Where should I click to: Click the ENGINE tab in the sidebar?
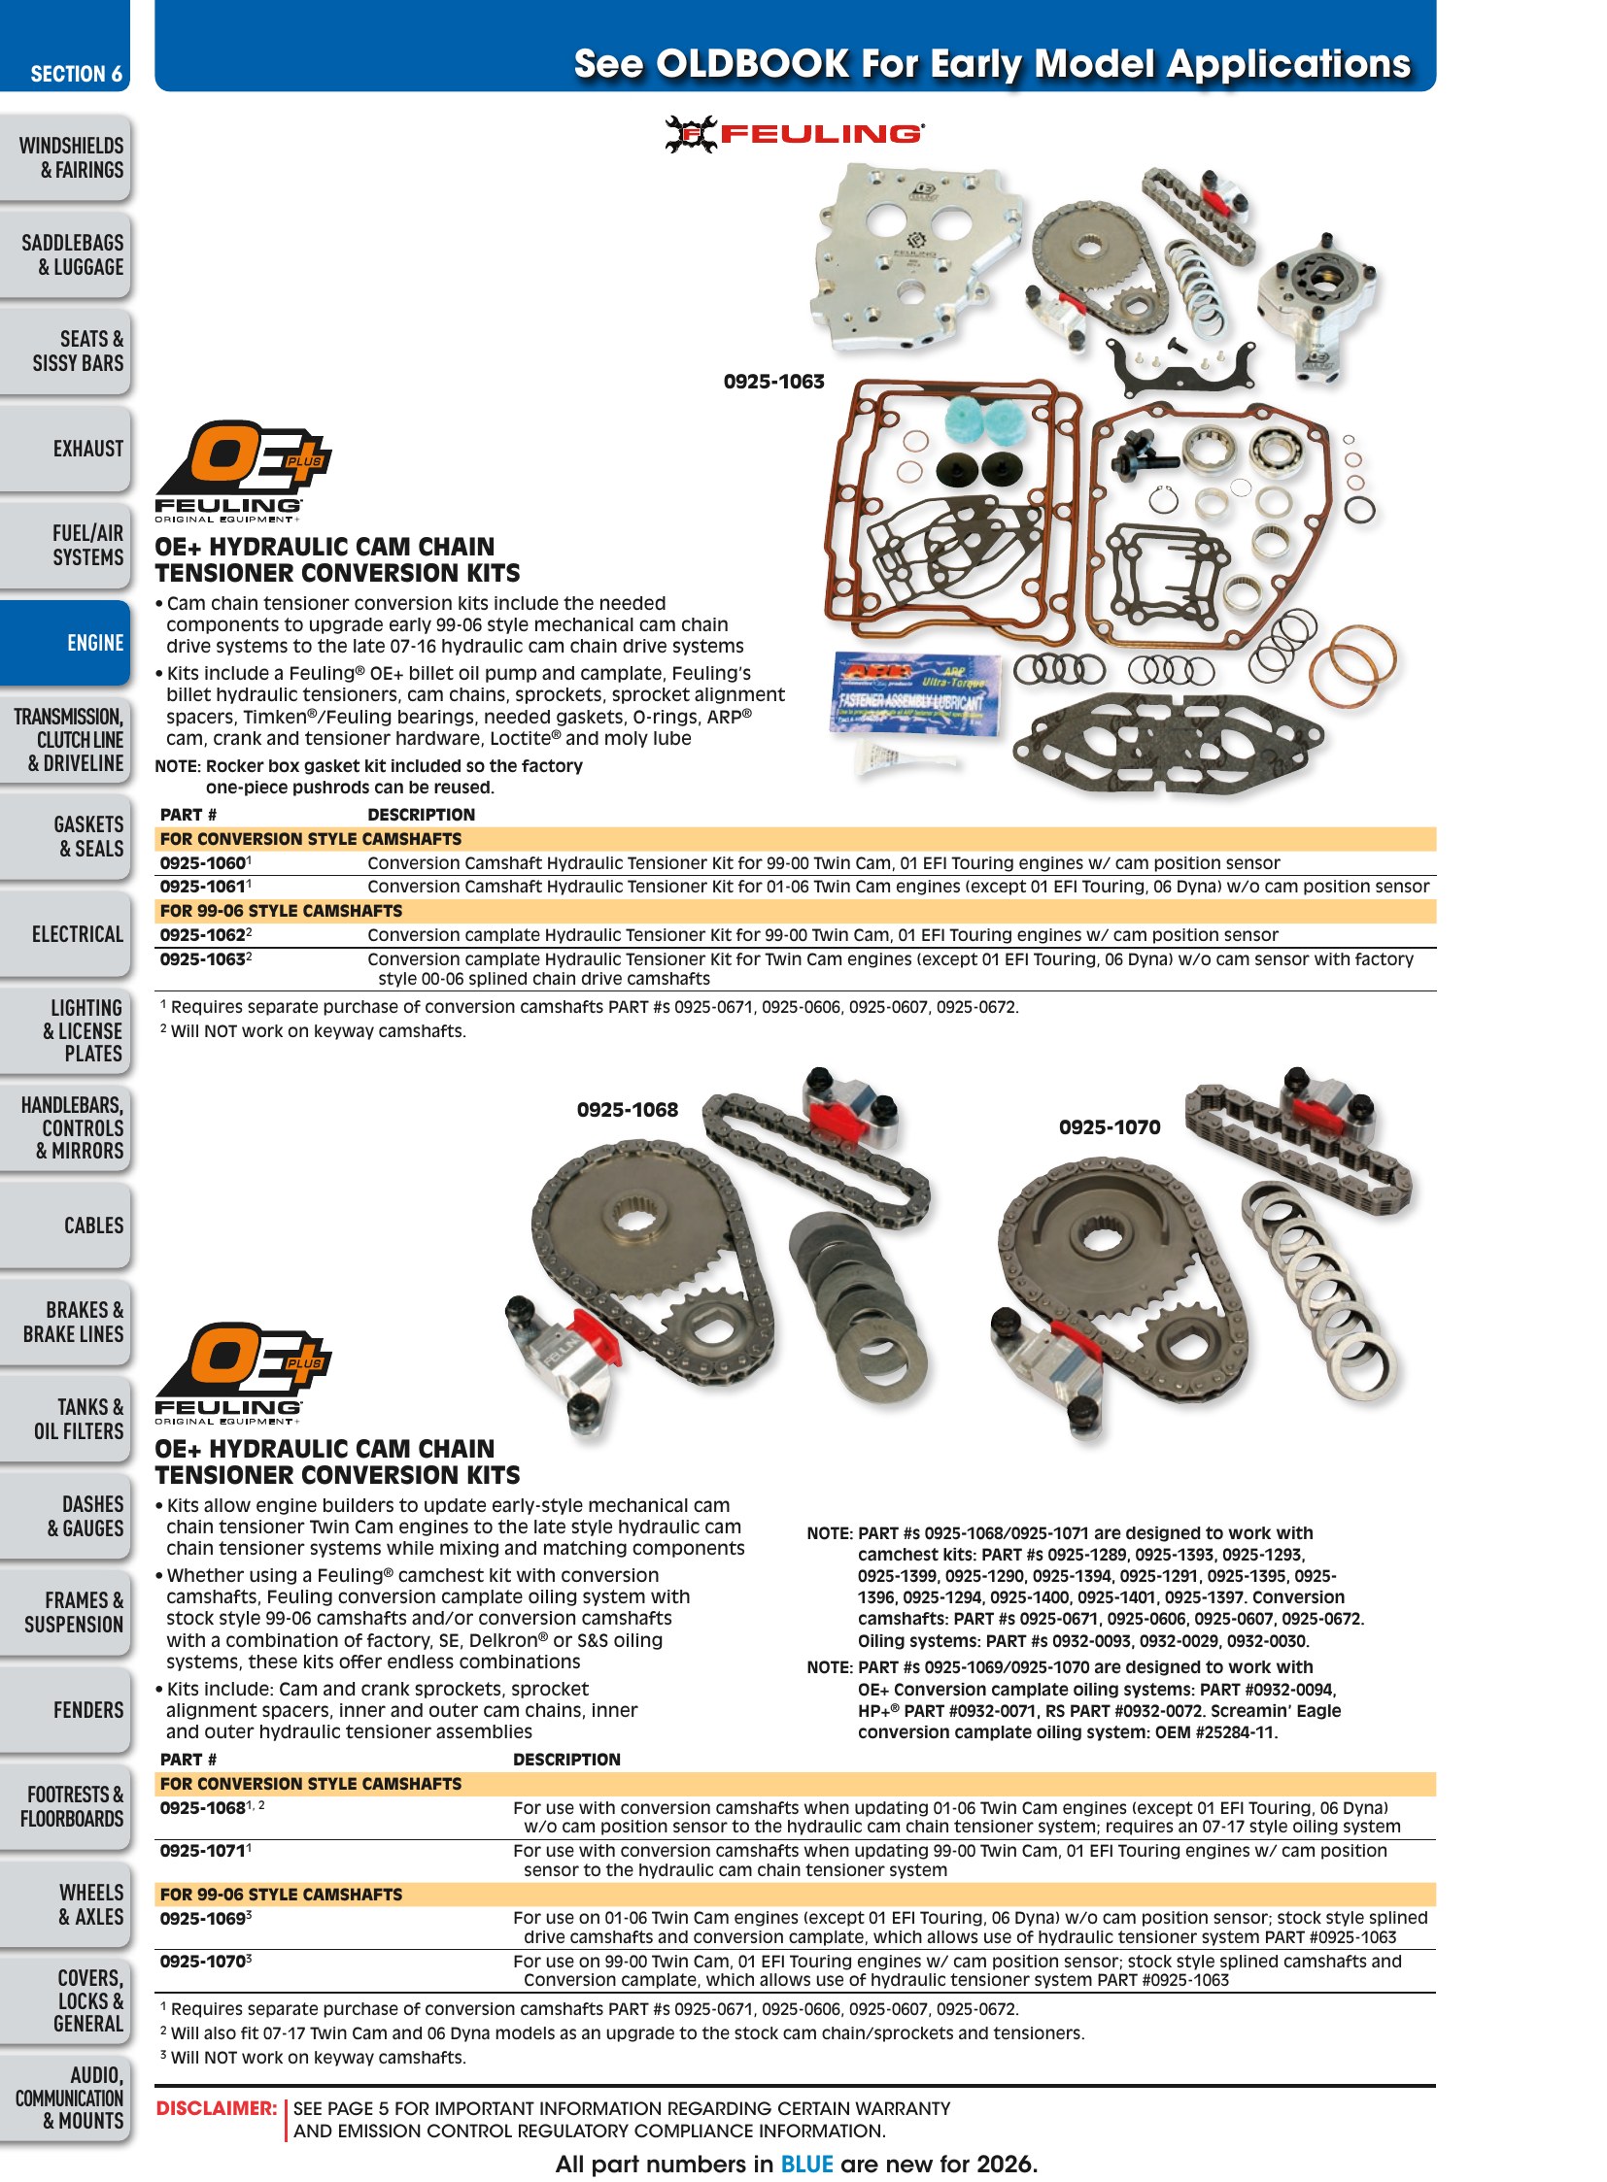coord(65,643)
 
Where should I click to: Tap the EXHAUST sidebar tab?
coord(65,449)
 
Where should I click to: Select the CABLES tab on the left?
coord(65,1225)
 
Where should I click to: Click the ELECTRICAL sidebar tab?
coord(65,933)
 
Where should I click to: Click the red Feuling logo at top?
coord(794,134)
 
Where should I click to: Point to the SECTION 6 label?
coord(76,74)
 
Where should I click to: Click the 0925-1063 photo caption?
coord(773,382)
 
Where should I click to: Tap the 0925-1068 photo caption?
coord(628,1110)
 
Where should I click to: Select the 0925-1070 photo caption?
coord(1110,1127)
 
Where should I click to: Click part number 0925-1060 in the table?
coord(202,863)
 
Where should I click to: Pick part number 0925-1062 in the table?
coord(202,935)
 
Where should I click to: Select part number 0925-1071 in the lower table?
coord(202,1852)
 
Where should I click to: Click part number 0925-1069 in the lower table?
coord(202,1919)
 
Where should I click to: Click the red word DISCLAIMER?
coord(217,2109)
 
